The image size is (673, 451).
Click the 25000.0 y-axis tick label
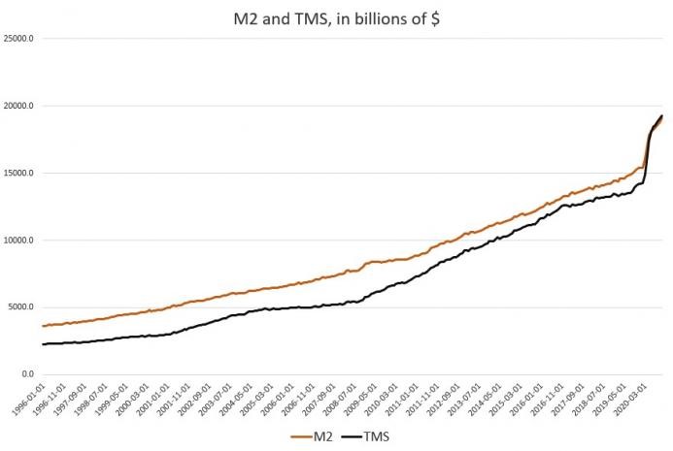coord(18,39)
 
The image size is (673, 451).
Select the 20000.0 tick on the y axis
coord(18,106)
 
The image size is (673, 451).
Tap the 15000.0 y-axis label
coord(18,173)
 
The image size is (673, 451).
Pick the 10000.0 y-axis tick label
coord(18,241)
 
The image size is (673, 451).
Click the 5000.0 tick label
coord(21,307)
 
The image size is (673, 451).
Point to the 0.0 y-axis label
coord(27,374)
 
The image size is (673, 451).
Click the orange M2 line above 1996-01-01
coord(44,325)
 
